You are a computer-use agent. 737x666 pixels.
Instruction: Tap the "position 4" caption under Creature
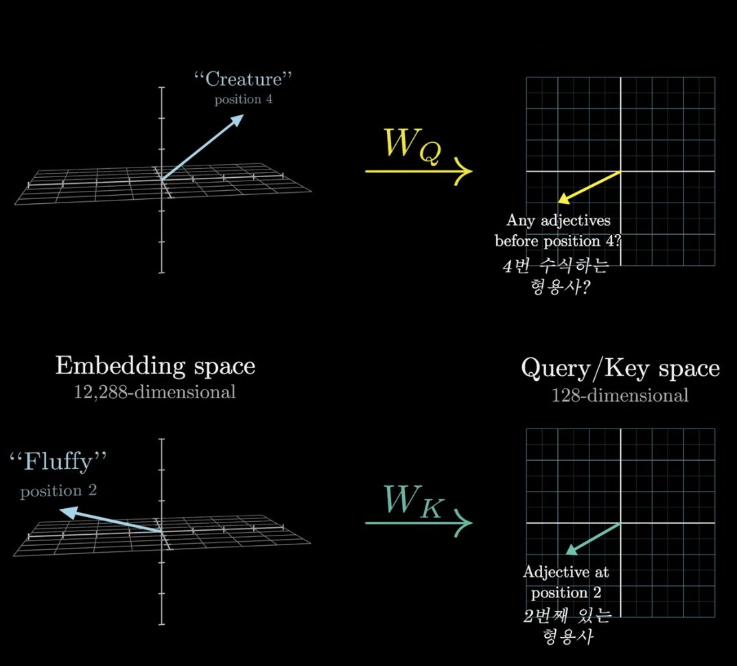243,100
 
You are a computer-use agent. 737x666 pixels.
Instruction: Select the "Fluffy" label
59,462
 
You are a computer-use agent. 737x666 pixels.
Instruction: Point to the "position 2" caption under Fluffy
58,491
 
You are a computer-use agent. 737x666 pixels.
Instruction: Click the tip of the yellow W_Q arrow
471,170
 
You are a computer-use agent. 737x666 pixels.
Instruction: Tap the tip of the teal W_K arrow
471,524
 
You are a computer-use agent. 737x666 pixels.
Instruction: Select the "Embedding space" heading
155,366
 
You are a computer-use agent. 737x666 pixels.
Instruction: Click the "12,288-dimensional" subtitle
155,392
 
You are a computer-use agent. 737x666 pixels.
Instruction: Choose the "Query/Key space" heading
620,369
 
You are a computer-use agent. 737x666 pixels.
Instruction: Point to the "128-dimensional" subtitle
620,395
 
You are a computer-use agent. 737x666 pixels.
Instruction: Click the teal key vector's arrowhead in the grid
569,551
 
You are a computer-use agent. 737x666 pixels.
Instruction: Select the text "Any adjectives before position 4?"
558,231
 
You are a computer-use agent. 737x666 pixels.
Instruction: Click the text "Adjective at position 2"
565,582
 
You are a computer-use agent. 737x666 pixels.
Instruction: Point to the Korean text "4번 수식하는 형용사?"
556,277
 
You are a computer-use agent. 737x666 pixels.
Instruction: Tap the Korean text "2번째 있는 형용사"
567,626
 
